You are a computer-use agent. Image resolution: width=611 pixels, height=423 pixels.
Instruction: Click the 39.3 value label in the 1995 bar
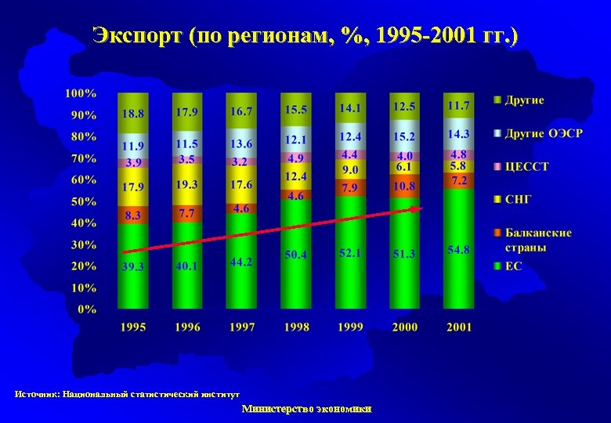pyautogui.click(x=132, y=266)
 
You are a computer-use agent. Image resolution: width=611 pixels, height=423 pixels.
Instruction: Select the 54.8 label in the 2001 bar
pyautogui.click(x=458, y=250)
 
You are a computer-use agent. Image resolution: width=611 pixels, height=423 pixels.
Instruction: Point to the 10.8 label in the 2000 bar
pyautogui.click(x=404, y=186)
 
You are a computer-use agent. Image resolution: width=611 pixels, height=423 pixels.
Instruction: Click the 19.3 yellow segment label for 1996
pyautogui.click(x=186, y=185)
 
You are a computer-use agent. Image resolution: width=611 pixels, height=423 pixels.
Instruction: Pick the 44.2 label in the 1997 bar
pyautogui.click(x=240, y=262)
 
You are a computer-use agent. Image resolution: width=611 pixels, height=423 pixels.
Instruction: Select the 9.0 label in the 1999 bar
pyautogui.click(x=350, y=170)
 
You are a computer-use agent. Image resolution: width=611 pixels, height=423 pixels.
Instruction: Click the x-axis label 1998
pyautogui.click(x=296, y=327)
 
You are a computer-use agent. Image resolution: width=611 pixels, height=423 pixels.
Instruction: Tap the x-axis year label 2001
pyautogui.click(x=459, y=327)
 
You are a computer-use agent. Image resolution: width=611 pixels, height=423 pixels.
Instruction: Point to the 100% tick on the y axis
pyautogui.click(x=81, y=93)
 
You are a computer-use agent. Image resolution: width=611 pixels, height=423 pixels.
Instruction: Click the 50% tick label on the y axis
pyautogui.click(x=84, y=201)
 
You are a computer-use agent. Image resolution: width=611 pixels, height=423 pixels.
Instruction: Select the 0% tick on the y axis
pyautogui.click(x=87, y=309)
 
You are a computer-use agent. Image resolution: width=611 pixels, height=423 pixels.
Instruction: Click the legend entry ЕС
pyautogui.click(x=513, y=266)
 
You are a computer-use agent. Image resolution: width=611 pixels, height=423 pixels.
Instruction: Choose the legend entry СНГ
pyautogui.click(x=518, y=199)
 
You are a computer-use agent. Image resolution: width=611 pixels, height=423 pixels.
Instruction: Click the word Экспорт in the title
pyautogui.click(x=137, y=35)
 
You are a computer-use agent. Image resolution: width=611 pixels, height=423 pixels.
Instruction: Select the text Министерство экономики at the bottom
pyautogui.click(x=306, y=408)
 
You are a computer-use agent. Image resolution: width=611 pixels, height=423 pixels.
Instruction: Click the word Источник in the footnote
pyautogui.click(x=37, y=394)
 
